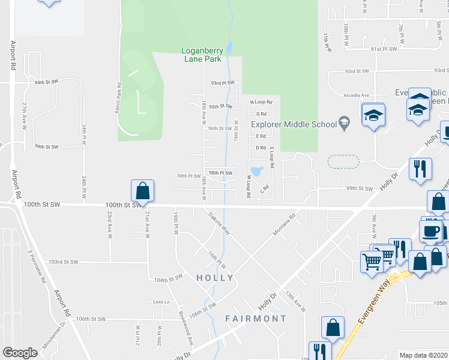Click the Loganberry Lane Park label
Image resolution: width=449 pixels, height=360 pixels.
coord(201,55)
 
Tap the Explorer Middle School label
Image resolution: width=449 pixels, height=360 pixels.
coord(294,125)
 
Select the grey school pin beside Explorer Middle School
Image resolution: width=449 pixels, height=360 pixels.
coord(344,124)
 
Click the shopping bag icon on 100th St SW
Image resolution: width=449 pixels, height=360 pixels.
coord(143,191)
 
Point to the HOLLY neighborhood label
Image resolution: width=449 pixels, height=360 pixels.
coord(214,278)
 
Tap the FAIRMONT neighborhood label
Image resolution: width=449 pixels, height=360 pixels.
coord(256,318)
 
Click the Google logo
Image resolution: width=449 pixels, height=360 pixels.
coord(20,353)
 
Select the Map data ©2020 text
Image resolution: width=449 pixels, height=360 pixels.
coord(423,355)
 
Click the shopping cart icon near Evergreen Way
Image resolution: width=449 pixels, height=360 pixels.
coord(372,262)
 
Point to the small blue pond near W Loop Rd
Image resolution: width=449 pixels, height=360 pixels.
coord(257,171)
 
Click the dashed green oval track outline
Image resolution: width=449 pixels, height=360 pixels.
coord(343,161)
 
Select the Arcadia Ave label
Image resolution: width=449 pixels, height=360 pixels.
coord(357,95)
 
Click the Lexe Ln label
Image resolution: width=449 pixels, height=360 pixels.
coord(158,301)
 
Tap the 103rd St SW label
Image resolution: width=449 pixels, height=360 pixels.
coord(64,262)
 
